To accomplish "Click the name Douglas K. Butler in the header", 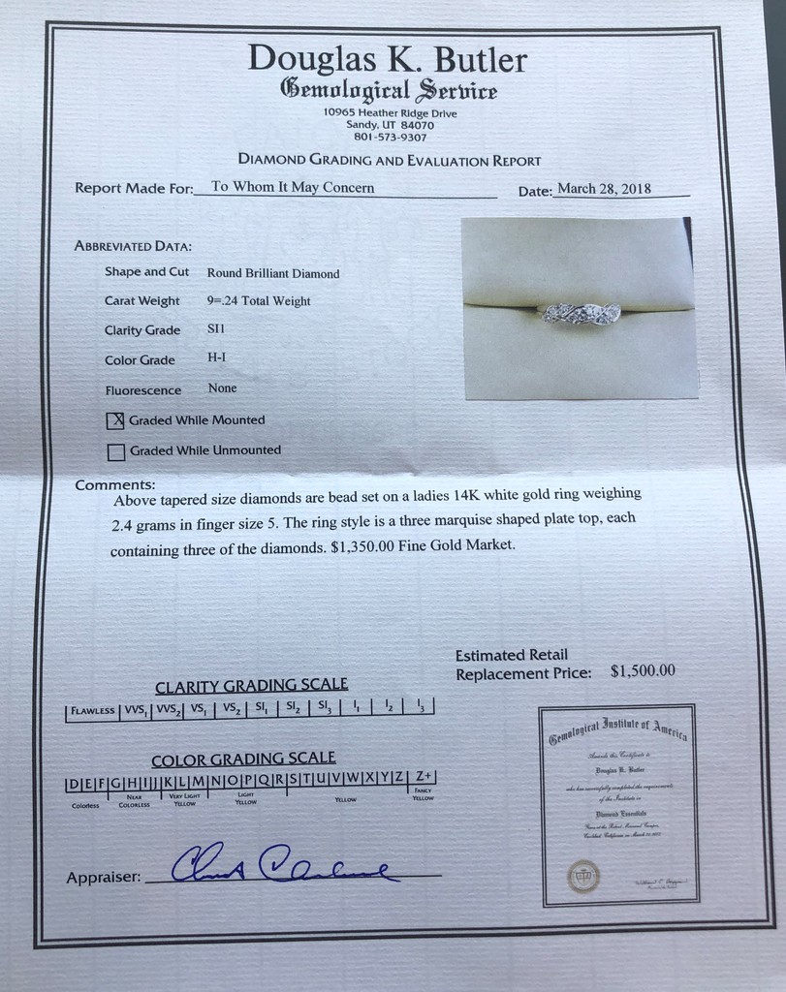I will point(387,59).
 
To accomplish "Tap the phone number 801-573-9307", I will point(390,138).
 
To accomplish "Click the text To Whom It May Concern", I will point(292,188).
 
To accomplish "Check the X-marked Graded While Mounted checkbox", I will point(115,420).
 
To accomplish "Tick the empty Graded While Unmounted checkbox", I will point(116,450).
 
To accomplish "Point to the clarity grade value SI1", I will point(216,329).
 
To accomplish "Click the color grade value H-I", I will point(218,358).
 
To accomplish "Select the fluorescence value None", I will point(222,388).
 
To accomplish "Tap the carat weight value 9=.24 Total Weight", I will point(259,301).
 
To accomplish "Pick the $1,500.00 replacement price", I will point(643,670).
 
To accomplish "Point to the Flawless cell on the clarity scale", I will point(92,710).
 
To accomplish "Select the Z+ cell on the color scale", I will point(423,777).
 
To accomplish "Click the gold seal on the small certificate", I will point(583,875).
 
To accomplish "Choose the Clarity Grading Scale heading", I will point(251,685).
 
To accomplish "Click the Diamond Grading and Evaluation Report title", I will point(389,161).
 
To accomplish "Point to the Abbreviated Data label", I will point(133,246).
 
